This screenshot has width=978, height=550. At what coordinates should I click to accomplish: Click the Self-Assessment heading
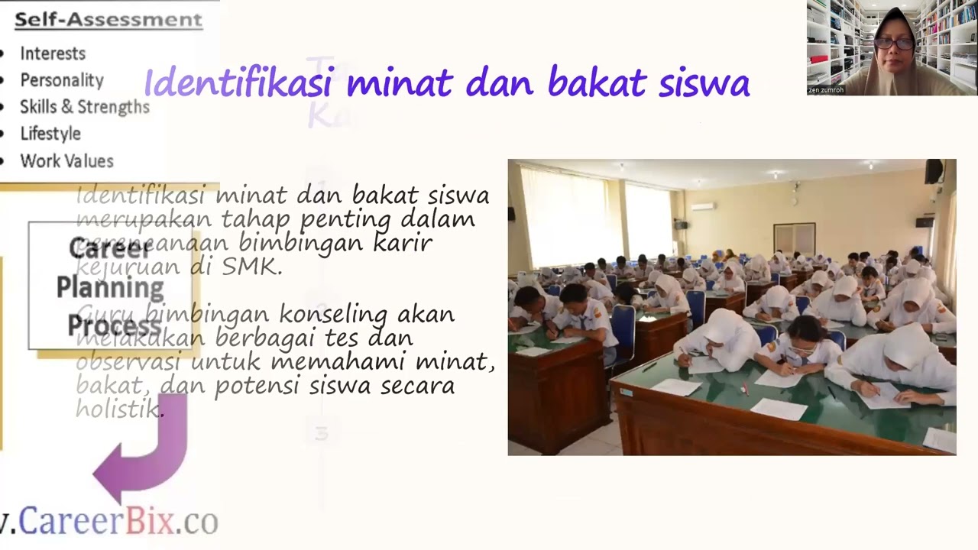tap(108, 19)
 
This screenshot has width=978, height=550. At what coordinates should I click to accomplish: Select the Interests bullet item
tap(53, 53)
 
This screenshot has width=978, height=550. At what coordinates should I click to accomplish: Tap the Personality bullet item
tap(62, 80)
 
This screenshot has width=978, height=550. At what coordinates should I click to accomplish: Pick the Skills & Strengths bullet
tap(85, 107)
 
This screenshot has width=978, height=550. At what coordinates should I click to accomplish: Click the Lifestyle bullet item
tap(50, 134)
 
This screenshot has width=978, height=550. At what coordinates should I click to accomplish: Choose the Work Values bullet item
tap(66, 161)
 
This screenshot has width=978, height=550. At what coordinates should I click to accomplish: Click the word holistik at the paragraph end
tap(119, 409)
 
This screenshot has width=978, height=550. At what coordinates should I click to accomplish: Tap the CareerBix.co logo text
tap(115, 521)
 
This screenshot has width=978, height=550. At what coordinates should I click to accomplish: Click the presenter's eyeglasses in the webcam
tap(893, 44)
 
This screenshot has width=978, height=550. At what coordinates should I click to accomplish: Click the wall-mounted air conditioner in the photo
tap(703, 205)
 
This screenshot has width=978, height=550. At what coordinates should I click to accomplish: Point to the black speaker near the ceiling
tap(934, 172)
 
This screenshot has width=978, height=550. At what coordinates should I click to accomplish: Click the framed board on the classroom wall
tap(794, 239)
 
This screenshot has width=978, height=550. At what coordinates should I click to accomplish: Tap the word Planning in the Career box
tap(110, 288)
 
